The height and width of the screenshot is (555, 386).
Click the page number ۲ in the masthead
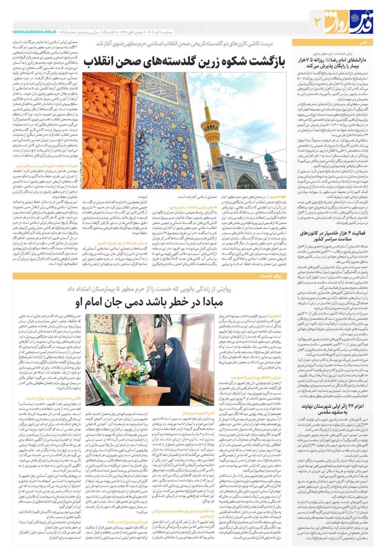click(317, 20)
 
